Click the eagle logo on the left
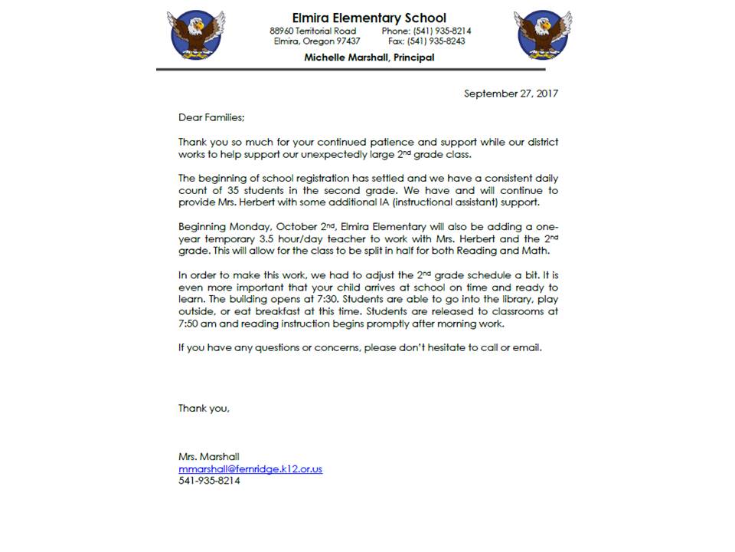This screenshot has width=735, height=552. click(196, 34)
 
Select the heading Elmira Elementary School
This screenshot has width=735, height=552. click(369, 18)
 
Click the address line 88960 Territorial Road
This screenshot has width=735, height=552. click(312, 31)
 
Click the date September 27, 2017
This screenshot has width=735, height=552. click(511, 94)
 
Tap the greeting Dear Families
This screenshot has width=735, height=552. click(211, 117)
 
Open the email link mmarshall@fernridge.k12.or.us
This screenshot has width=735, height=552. click(250, 468)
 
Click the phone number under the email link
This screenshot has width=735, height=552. click(209, 481)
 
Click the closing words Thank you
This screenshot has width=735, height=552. click(204, 408)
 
